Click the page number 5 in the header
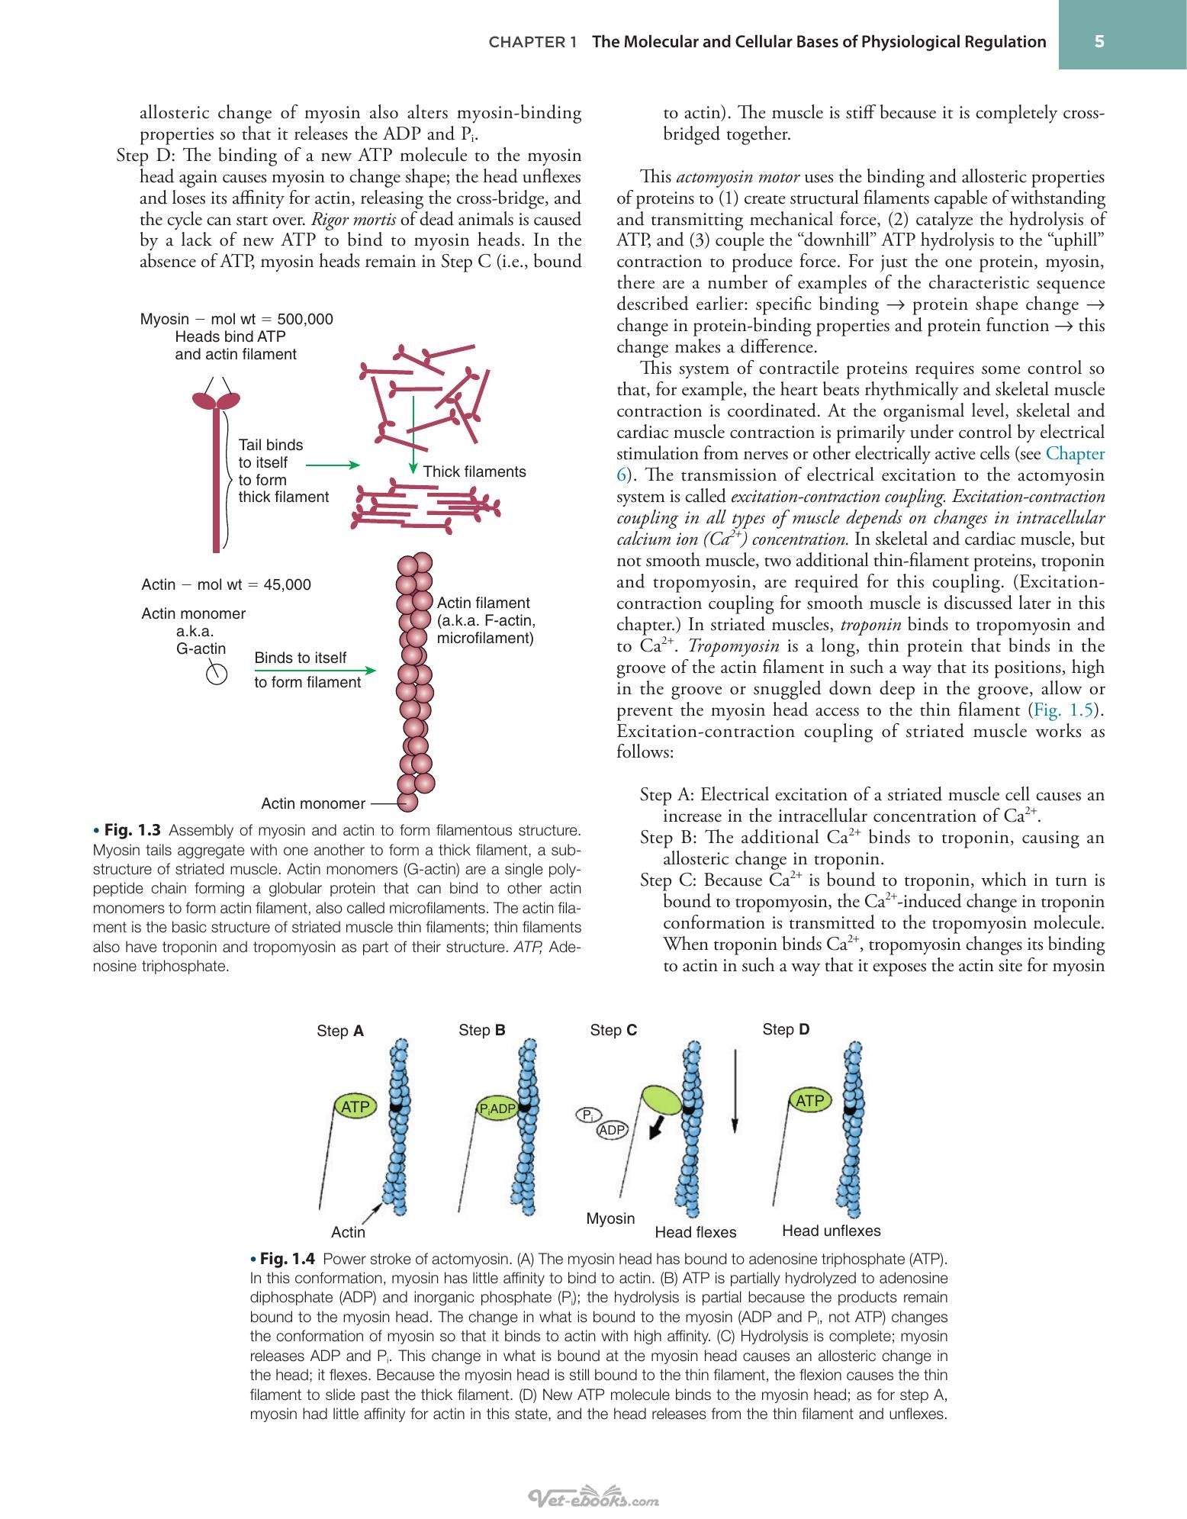(1099, 42)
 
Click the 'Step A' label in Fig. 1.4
(340, 1031)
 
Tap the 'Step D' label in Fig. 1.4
(786, 1029)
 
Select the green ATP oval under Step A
(355, 1106)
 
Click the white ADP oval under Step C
(612, 1130)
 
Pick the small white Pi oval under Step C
(587, 1115)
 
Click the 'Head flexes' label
(696, 1232)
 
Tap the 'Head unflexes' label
(832, 1231)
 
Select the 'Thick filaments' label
(474, 471)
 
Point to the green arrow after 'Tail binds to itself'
(333, 464)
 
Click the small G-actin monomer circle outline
(217, 674)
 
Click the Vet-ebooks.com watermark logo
(594, 1498)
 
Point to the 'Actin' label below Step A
(348, 1232)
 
